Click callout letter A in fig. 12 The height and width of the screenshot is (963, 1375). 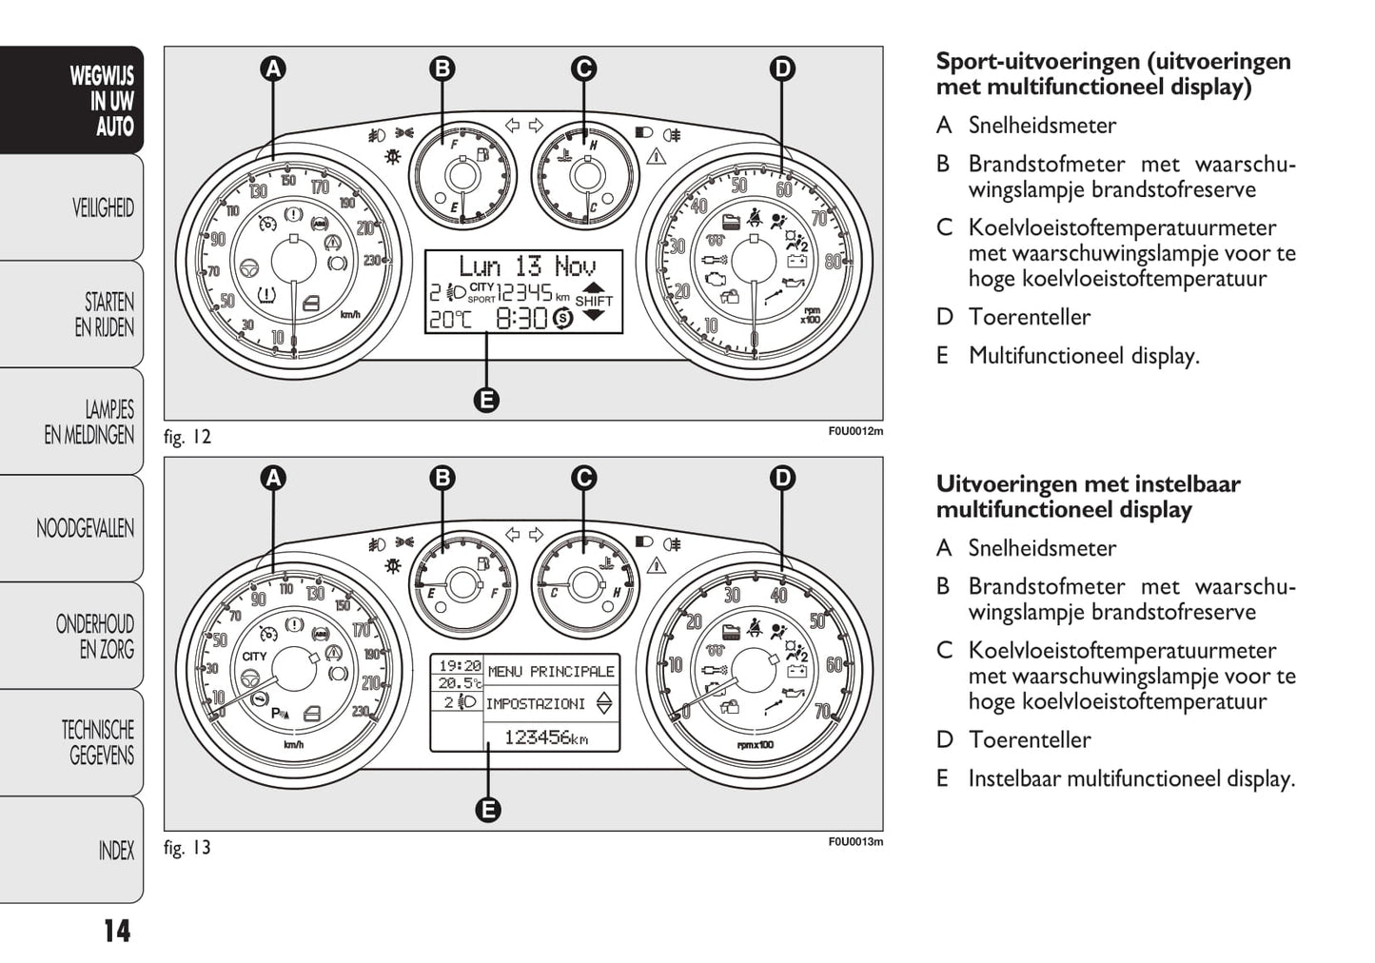pos(273,69)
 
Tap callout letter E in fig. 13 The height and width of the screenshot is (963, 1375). pos(487,810)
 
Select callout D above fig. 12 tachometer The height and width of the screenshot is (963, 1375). pos(781,69)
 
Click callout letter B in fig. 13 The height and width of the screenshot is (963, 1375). pos(442,478)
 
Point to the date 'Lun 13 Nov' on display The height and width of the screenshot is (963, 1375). pos(526,265)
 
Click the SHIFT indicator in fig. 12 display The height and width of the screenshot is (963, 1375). pos(594,301)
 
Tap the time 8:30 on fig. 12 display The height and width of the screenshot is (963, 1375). pos(521,319)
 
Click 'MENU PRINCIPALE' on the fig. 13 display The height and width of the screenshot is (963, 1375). pos(551,672)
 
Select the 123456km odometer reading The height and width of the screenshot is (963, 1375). pos(545,737)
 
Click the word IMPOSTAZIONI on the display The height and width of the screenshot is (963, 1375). pos(536,704)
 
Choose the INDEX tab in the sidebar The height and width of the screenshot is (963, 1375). pos(116,851)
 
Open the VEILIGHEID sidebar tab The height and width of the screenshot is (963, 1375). pos(103,207)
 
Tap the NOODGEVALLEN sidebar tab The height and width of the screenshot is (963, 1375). pos(86,528)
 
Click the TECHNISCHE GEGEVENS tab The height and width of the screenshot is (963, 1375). pos(98,743)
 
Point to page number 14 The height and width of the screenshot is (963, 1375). pos(116,931)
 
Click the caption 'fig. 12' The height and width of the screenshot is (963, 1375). pos(187,438)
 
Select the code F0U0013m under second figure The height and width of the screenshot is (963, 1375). pos(854,842)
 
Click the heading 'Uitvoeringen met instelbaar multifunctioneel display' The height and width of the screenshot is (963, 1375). pos(1088,497)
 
